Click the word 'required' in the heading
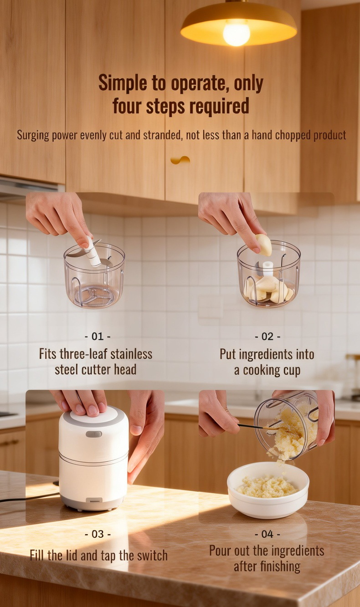(220, 106)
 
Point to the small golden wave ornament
(180, 160)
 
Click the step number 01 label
(98, 337)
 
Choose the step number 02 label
(267, 337)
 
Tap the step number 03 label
(98, 534)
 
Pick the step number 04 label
(267, 534)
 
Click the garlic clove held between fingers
(264, 245)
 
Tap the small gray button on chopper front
(93, 434)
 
